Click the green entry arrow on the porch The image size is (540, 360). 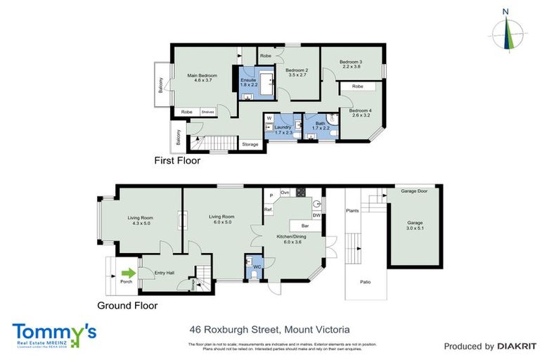(x=128, y=274)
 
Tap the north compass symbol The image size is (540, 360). (x=506, y=32)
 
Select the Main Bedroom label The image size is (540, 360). (x=202, y=78)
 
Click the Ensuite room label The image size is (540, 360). (x=248, y=82)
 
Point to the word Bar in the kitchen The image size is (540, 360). (x=305, y=226)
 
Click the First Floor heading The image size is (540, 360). (x=177, y=161)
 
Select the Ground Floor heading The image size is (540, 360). (x=127, y=306)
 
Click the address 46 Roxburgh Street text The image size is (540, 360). (x=269, y=328)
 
